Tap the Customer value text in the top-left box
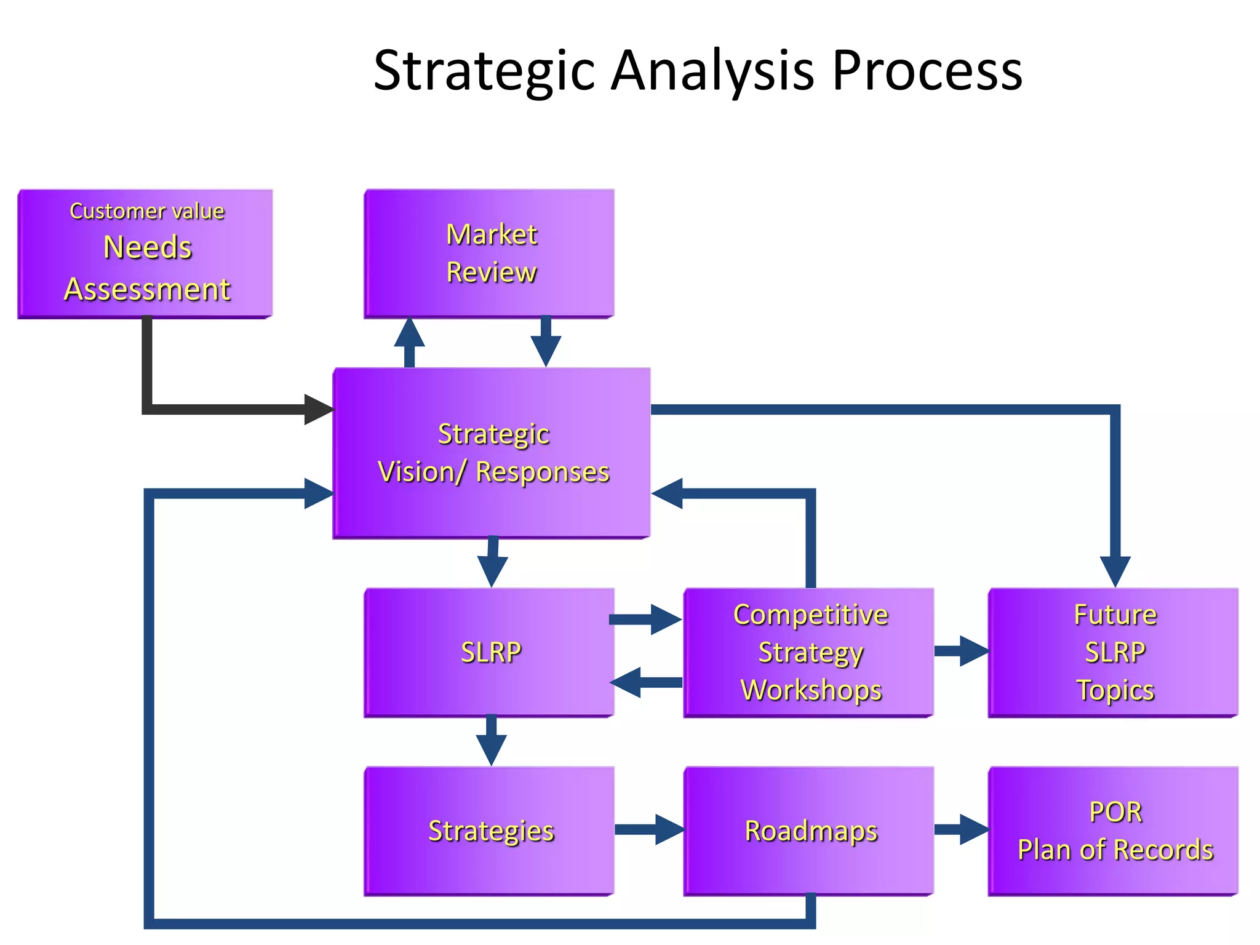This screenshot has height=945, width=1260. [x=147, y=211]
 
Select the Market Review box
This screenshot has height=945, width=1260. [x=489, y=253]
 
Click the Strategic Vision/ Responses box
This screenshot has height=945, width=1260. [x=492, y=453]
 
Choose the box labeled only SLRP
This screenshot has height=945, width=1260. [x=489, y=652]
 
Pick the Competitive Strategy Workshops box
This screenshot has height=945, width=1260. [x=809, y=652]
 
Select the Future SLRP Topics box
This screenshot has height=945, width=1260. [x=1114, y=652]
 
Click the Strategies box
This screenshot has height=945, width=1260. [x=489, y=831]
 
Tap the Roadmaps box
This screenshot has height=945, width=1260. [x=809, y=831]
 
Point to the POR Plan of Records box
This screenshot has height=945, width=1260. [x=1114, y=831]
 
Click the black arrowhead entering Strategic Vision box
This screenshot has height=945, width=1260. [x=318, y=410]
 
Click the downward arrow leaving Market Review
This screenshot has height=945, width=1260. [x=546, y=345]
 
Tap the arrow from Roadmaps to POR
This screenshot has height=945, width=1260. [x=962, y=829]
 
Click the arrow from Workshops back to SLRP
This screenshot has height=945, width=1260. [x=646, y=682]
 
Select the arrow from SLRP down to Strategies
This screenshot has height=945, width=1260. [x=491, y=741]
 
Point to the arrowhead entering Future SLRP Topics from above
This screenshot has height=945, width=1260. [x=1115, y=570]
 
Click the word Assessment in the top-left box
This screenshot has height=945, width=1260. [x=147, y=289]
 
